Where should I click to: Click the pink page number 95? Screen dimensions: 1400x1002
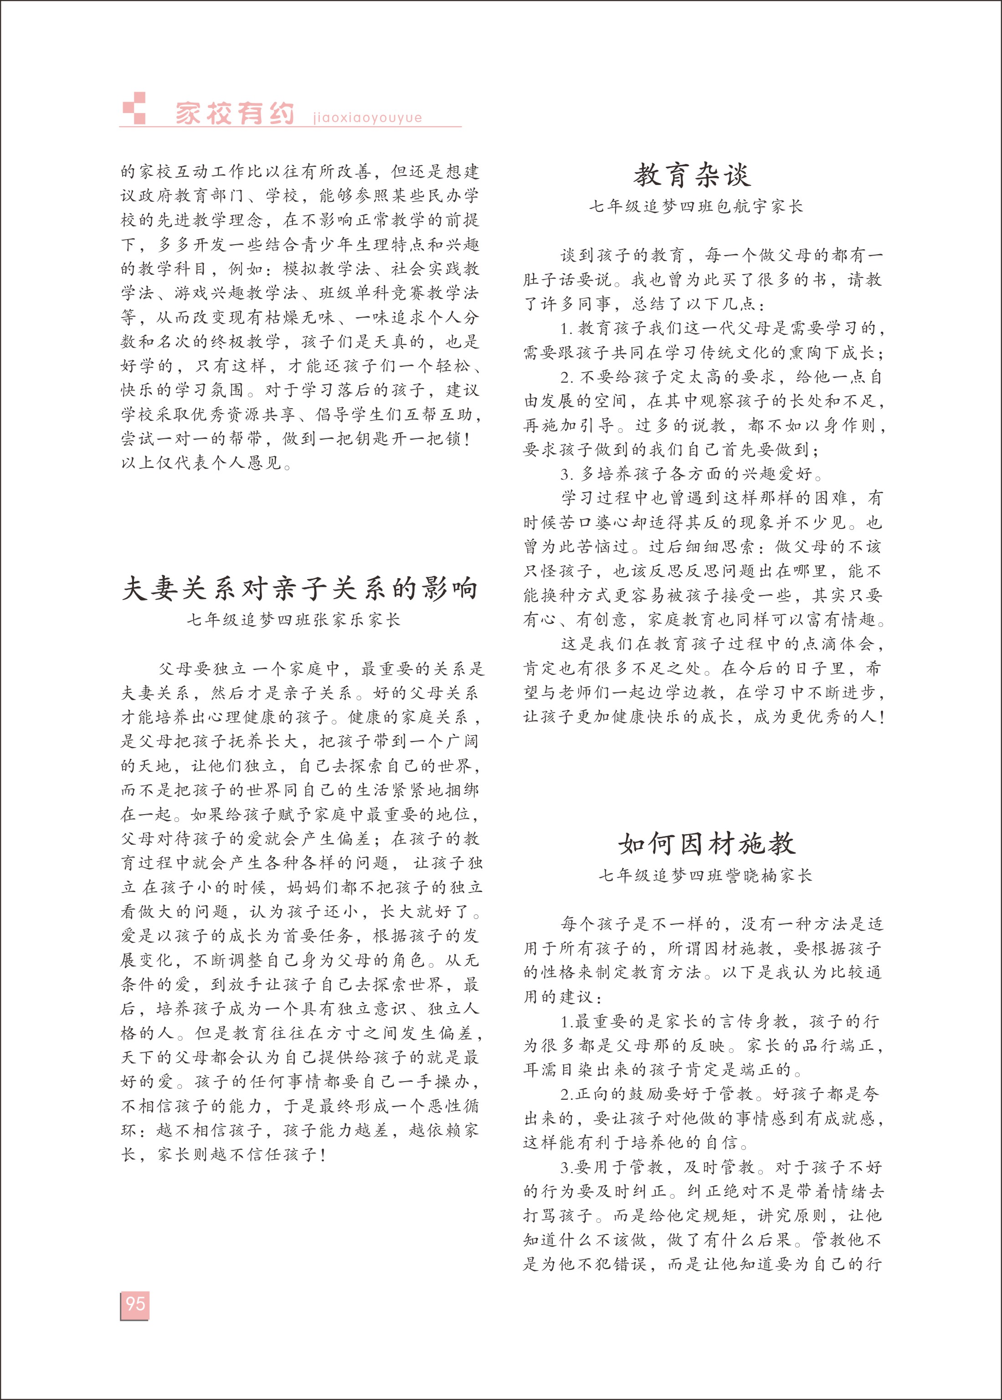[134, 1303]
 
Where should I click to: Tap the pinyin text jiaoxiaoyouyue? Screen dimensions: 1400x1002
[367, 117]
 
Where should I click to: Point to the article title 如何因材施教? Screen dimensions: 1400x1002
[707, 844]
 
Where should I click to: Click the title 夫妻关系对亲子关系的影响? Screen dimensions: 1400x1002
[300, 588]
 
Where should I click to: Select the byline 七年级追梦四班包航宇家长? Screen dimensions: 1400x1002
[695, 207]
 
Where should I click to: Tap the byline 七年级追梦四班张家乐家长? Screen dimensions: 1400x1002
[294, 620]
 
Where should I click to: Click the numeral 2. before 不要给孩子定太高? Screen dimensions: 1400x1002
[567, 377]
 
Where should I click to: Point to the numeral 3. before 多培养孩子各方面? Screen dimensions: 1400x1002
[567, 474]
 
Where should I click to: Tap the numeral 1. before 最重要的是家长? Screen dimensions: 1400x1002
[566, 1022]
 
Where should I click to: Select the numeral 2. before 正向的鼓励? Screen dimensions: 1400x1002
[566, 1095]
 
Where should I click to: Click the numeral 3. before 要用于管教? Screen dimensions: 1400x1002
[566, 1168]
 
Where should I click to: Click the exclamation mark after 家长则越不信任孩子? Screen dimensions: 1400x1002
[324, 1154]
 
